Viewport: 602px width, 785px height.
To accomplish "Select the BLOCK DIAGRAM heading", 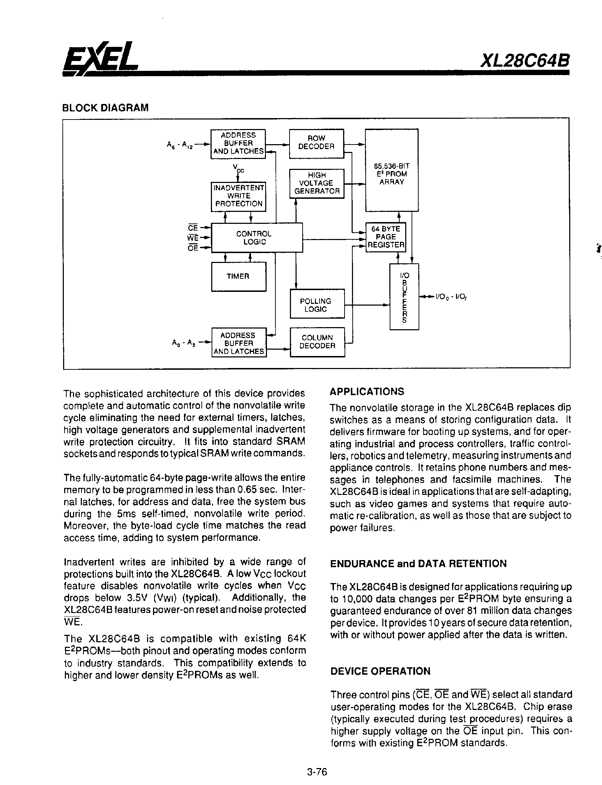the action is (105, 108).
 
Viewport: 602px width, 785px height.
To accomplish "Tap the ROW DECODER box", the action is (316, 143).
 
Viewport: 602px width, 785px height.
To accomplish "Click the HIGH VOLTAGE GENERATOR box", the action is (317, 183).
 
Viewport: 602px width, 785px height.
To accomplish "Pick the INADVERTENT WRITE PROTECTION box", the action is (238, 196).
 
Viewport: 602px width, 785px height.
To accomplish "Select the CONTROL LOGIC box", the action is (257, 238).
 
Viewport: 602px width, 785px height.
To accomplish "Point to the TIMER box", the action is (238, 276).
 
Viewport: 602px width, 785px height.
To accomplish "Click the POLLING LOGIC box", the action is (317, 304).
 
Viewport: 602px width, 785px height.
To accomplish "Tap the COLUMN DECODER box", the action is (317, 342).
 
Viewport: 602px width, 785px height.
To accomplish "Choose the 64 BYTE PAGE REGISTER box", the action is (385, 237).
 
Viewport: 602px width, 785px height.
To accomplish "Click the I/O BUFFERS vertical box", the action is (404, 296).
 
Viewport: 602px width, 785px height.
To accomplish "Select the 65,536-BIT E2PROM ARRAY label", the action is (392, 174).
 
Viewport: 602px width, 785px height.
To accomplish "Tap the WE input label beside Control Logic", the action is (193, 238).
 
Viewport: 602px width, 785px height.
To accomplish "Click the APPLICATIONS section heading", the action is (366, 391).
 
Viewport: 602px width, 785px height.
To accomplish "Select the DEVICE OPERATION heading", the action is (380, 671).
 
